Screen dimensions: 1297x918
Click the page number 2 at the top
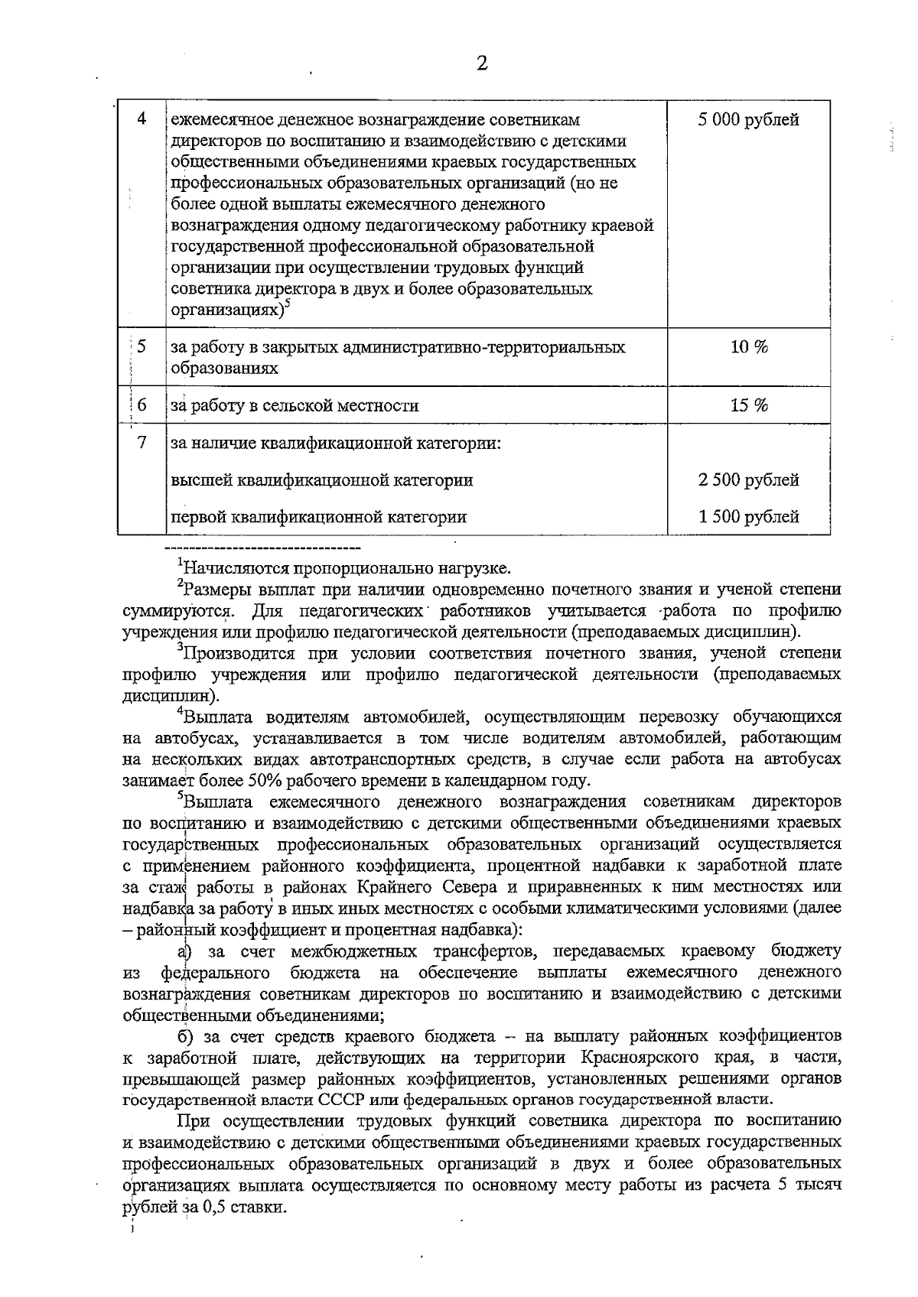point(481,63)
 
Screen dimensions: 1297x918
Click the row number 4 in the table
point(142,120)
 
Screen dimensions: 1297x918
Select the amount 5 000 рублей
point(748,120)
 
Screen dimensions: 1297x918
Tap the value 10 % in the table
point(749,347)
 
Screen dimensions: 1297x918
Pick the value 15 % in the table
point(749,405)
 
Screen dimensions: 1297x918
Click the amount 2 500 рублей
point(748,480)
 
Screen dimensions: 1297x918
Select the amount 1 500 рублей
point(748,517)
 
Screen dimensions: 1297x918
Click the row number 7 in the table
point(142,443)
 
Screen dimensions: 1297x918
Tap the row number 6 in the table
point(142,405)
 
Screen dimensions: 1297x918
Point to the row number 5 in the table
point(142,347)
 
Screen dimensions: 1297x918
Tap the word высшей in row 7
point(201,480)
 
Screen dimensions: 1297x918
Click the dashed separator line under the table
point(262,548)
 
